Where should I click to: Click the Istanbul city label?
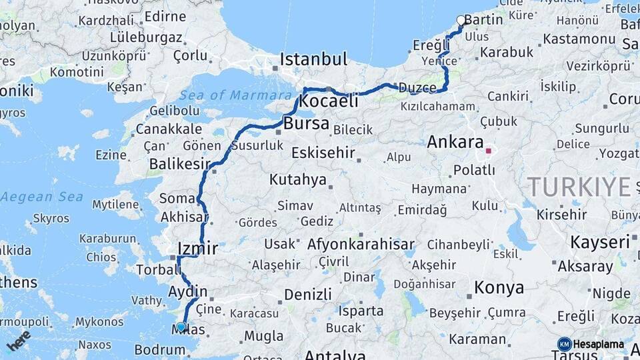313,59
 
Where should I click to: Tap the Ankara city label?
455,142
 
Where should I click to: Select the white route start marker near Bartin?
461,21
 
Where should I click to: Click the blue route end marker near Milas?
181,327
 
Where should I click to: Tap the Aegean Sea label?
41,197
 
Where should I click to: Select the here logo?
19,341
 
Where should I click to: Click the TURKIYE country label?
577,187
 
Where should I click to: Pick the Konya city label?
499,288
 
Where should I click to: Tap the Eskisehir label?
323,153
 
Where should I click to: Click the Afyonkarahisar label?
361,244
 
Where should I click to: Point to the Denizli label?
307,294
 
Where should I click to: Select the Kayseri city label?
599,242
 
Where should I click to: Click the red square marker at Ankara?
488,151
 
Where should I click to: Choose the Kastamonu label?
578,39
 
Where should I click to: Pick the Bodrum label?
159,349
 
